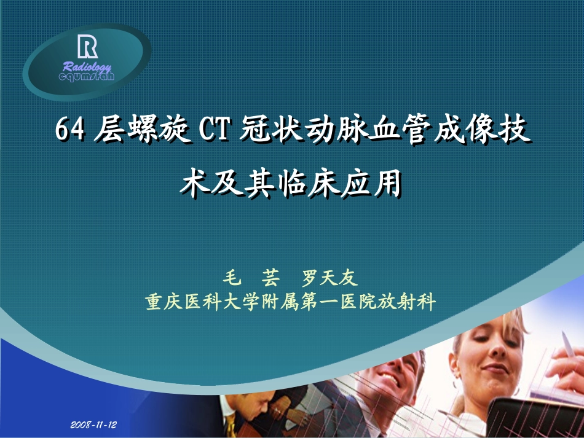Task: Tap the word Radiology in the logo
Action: (x=87, y=67)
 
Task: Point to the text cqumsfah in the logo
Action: (x=87, y=76)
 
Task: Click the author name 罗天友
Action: (x=329, y=278)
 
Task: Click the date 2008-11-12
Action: (x=93, y=425)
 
